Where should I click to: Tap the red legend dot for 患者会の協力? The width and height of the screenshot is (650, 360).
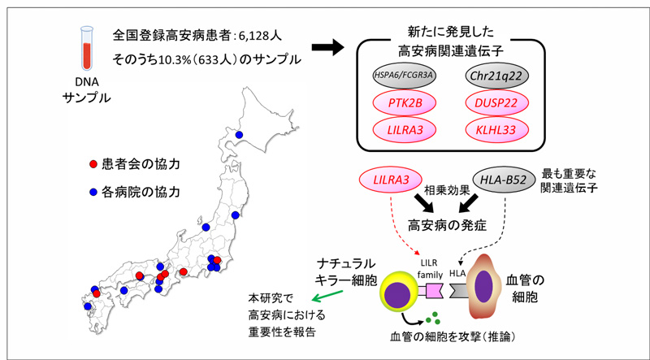click(x=93, y=165)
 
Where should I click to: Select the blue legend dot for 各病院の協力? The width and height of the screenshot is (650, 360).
click(x=93, y=193)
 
